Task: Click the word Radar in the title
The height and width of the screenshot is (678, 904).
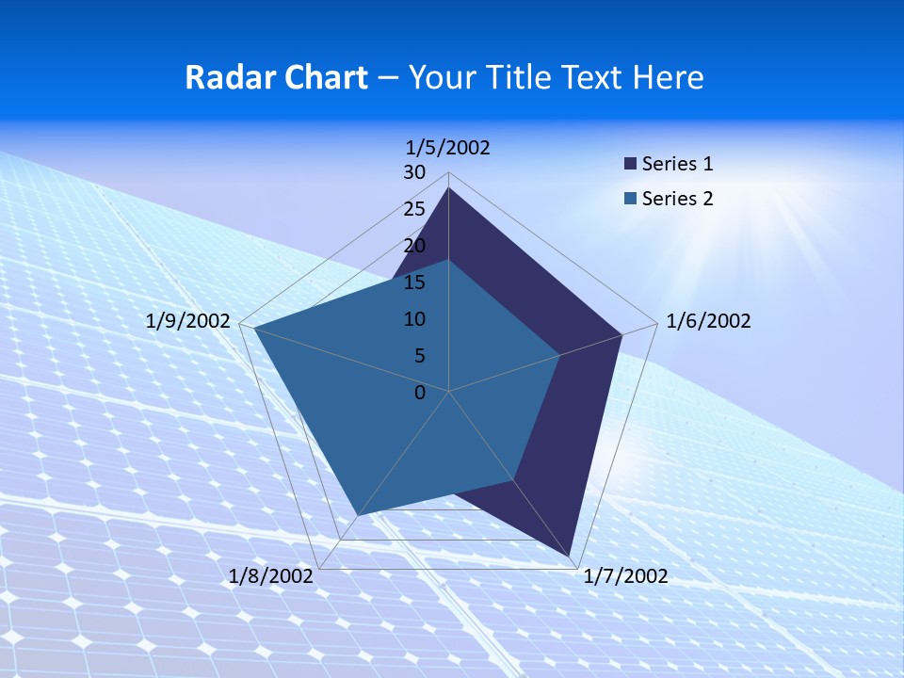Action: [223, 77]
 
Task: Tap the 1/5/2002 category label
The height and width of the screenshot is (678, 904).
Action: [448, 147]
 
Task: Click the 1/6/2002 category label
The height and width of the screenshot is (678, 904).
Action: [708, 321]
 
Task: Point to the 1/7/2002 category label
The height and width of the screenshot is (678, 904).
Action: [625, 576]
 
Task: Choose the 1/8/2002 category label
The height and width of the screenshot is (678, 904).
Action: [271, 576]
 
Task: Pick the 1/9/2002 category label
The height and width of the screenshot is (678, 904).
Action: [188, 321]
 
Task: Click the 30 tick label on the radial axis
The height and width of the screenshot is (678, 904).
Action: [414, 172]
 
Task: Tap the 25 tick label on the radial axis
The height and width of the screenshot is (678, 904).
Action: [414, 209]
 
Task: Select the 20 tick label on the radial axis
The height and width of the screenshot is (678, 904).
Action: [414, 246]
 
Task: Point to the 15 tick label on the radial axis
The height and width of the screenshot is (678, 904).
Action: [414, 282]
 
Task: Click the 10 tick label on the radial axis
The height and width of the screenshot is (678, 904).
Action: [414, 319]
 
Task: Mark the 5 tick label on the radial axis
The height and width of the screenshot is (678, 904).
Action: [419, 356]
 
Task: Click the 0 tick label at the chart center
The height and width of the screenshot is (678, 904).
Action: [420, 393]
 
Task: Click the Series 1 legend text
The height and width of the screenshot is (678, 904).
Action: [677, 164]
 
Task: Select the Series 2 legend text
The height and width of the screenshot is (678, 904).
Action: [677, 199]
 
